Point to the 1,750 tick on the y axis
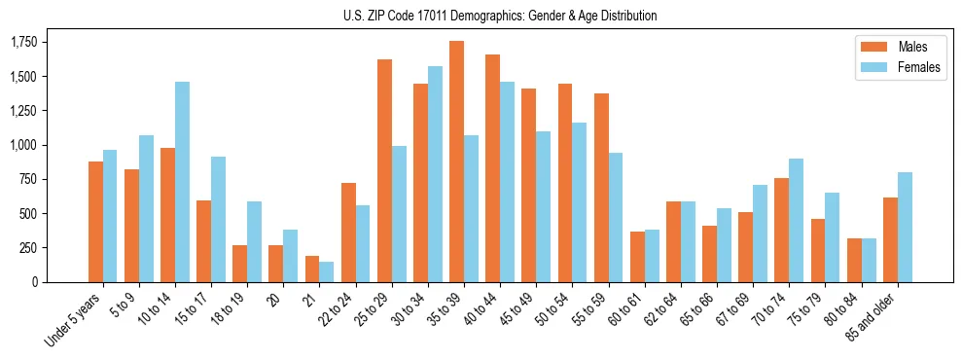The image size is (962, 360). [24, 43]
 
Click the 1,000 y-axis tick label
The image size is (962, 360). [24, 145]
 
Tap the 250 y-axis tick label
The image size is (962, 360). [28, 248]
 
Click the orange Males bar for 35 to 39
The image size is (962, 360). [456, 162]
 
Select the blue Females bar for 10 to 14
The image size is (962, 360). [182, 182]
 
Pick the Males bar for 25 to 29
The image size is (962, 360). [384, 170]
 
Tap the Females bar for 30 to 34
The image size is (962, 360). [435, 174]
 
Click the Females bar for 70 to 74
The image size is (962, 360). [797, 220]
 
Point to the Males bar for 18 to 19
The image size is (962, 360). [240, 264]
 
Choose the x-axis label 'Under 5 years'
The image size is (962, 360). [72, 321]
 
